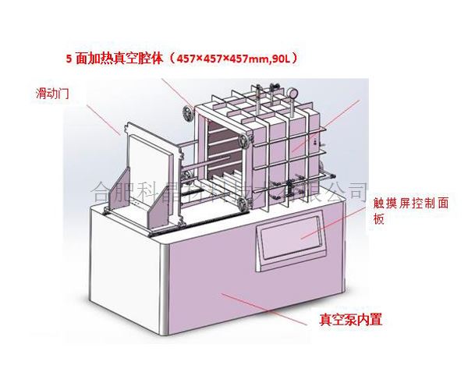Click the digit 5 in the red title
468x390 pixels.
tap(69, 58)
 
